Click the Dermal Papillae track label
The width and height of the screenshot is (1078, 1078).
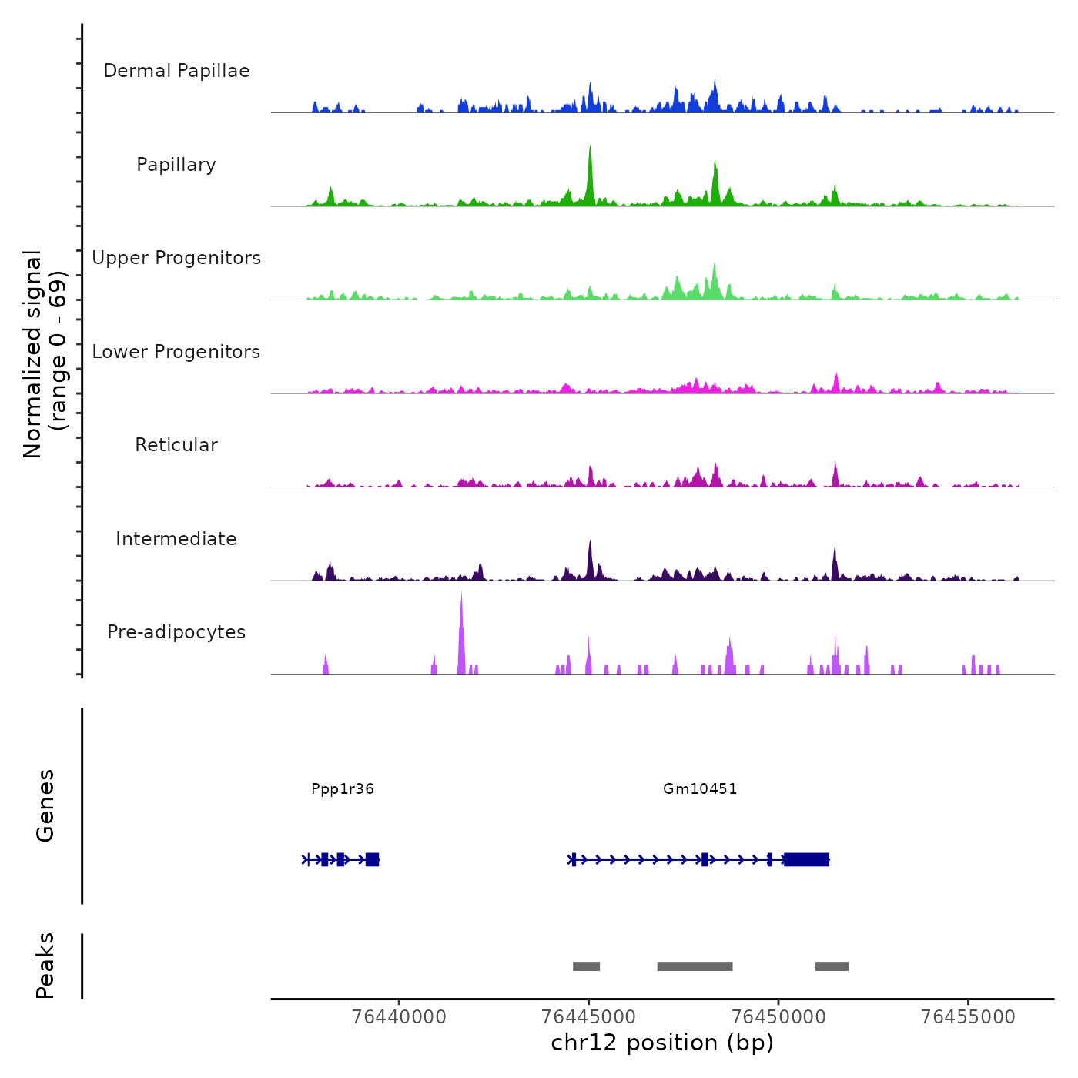pos(176,71)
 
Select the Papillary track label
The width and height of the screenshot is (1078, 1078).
pos(176,165)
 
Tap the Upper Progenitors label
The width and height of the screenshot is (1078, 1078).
pos(176,258)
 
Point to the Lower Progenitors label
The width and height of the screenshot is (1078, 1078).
pos(176,352)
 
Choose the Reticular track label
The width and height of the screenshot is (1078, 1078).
pos(176,445)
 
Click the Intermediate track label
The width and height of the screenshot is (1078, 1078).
pos(176,539)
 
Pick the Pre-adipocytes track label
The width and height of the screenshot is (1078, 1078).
pos(176,632)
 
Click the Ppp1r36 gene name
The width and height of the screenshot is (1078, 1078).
pos(343,788)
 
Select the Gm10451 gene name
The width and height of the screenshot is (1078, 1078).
pos(700,788)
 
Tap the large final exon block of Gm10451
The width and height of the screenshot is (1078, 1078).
pos(806,859)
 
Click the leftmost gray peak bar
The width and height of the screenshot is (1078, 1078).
pos(586,966)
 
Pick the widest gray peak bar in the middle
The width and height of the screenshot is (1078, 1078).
pos(695,966)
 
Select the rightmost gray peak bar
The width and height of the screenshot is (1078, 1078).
pos(832,966)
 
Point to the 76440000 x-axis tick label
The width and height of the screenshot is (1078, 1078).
pos(399,1017)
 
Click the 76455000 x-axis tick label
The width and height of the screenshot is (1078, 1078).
pos(968,1017)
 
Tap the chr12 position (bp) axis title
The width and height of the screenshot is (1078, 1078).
pos(662,1043)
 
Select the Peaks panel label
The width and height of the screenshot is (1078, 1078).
pos(45,966)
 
